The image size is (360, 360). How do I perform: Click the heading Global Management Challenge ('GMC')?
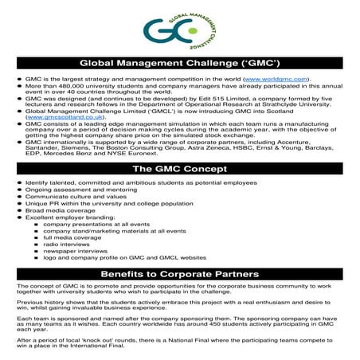tap(179, 65)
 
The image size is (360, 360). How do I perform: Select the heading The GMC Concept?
tap(179, 170)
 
